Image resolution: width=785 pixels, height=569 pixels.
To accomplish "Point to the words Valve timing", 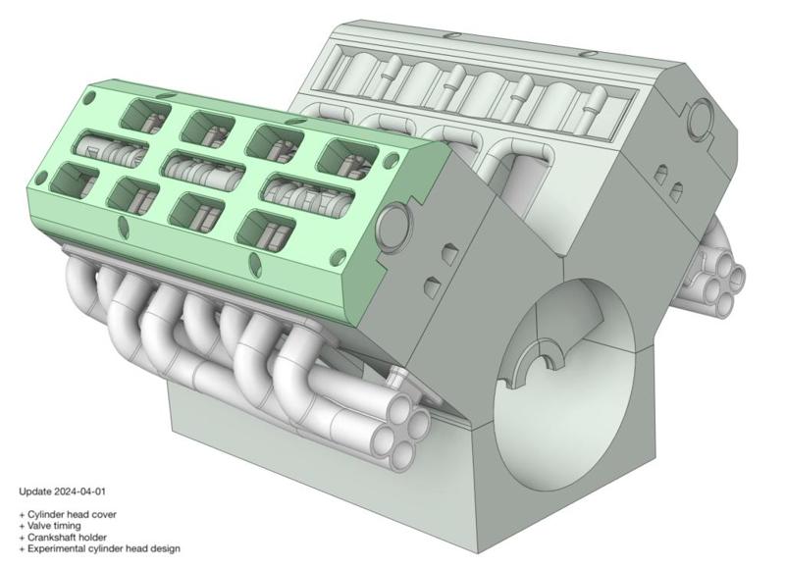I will [55, 526].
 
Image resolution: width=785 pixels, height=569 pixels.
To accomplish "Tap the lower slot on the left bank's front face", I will [432, 286].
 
